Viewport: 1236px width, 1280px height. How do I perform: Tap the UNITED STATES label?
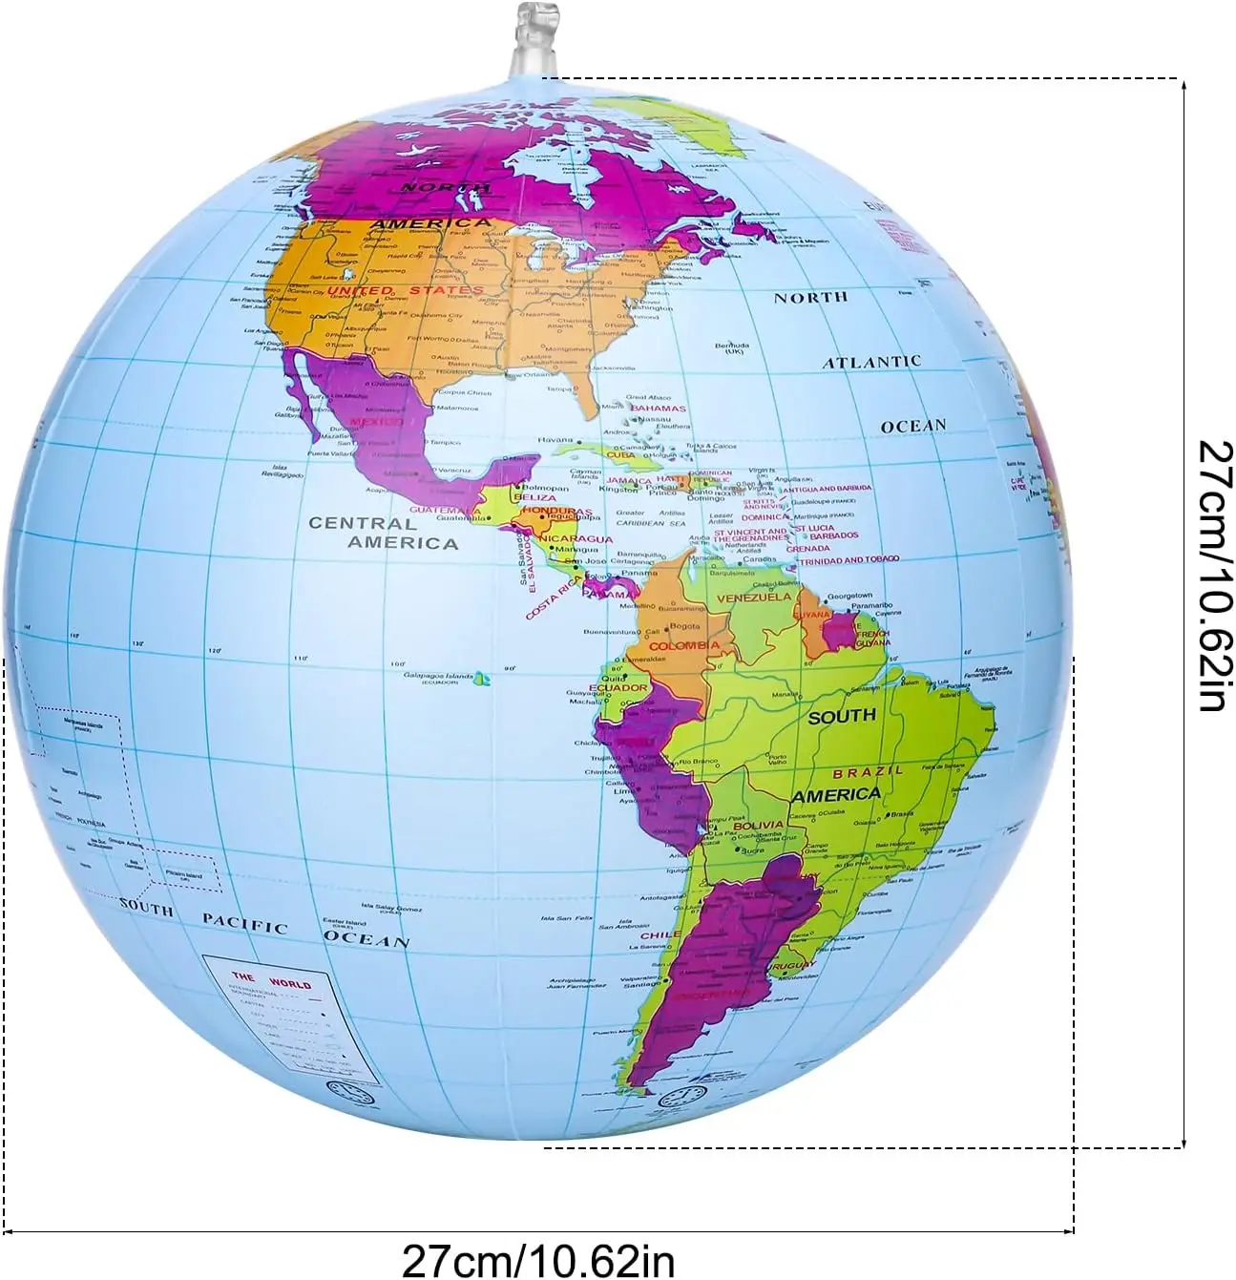coord(405,289)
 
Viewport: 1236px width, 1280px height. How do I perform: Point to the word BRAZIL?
coord(868,770)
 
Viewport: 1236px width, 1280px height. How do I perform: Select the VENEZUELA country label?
coord(753,597)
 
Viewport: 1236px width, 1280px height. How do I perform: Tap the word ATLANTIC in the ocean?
coord(871,362)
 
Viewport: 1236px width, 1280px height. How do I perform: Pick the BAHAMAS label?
coord(658,409)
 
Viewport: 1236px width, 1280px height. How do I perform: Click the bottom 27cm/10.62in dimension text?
coord(537,1255)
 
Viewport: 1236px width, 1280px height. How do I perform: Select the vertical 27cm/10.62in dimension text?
coord(1209,576)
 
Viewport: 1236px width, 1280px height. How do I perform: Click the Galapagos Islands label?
coord(437,677)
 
